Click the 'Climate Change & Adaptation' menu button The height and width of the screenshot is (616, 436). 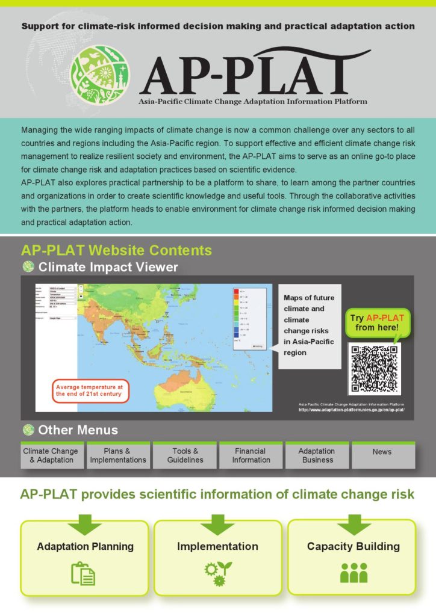tap(52, 455)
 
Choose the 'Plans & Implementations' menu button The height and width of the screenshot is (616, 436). tap(118, 455)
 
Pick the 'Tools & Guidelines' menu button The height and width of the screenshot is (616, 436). tap(184, 455)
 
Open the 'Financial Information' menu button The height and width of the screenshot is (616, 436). tap(251, 455)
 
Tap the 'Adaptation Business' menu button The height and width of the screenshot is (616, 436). tap(317, 455)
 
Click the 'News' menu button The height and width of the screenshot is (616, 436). tap(382, 452)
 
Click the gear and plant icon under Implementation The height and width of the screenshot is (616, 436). tap(217, 573)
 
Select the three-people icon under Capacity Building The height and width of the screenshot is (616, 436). tap(353, 573)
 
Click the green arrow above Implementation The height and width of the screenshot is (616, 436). tap(218, 523)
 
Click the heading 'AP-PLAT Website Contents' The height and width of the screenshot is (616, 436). tap(116, 250)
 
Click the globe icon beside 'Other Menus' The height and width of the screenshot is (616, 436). tap(28, 430)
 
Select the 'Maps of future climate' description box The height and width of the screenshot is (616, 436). tap(310, 325)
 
